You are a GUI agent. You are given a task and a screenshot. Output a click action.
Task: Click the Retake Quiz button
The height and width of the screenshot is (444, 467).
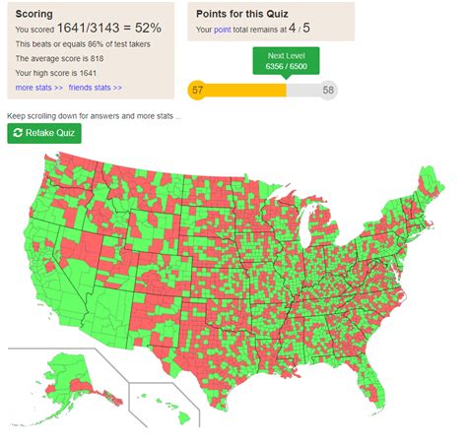point(43,133)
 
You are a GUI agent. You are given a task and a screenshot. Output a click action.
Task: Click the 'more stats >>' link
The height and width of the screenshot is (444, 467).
point(39,88)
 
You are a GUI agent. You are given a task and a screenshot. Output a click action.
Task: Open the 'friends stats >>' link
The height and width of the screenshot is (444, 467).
point(96,88)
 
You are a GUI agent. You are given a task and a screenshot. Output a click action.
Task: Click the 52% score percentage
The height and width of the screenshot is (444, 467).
point(148,30)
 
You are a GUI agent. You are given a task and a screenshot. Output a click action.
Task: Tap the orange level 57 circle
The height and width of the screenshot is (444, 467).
point(197,90)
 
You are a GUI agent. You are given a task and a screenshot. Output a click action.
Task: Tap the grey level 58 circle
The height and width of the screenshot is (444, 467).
point(328,90)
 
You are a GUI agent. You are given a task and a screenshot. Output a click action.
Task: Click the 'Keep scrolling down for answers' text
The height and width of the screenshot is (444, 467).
point(94,115)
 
